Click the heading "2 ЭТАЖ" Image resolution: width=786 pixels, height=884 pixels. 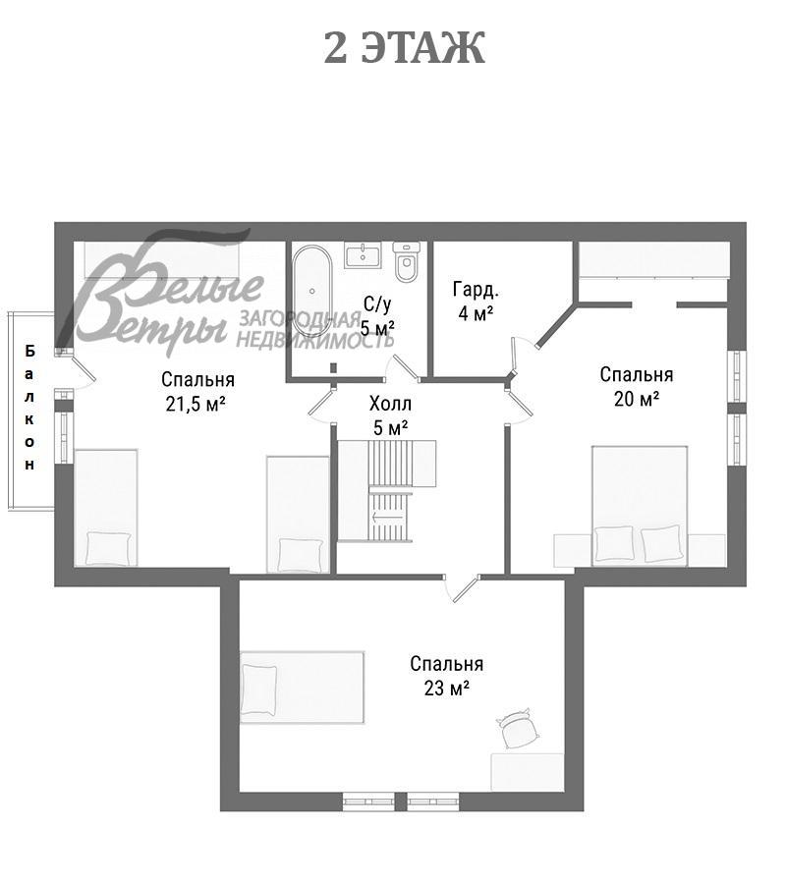404,48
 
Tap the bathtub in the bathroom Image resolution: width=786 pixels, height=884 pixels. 311,292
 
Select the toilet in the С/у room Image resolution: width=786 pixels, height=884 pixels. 407,261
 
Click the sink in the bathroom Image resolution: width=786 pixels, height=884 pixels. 363,255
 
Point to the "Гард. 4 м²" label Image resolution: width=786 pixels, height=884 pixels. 476,302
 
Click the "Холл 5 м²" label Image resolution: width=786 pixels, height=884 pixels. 390,415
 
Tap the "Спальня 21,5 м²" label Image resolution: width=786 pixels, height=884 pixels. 197,391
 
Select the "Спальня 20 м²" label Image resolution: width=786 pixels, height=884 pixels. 636,386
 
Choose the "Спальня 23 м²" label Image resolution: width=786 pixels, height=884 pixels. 447,676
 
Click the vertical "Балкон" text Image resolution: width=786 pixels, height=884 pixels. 29,408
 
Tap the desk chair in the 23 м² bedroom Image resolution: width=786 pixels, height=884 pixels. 518,729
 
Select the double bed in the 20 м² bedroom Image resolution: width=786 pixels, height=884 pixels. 640,506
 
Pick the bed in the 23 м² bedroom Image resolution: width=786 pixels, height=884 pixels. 302,688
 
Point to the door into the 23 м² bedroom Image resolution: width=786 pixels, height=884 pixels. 463,588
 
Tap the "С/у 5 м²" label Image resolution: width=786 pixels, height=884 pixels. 376,315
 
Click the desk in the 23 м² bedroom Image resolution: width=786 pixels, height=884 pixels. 527,772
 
